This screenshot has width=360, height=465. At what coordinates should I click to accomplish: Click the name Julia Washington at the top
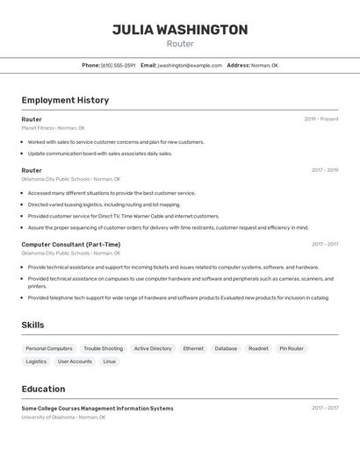tap(180, 30)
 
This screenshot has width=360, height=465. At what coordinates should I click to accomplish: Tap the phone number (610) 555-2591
tap(118, 65)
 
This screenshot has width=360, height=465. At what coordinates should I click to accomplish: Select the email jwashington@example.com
tap(190, 65)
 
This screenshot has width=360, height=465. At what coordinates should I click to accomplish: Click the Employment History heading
tap(65, 100)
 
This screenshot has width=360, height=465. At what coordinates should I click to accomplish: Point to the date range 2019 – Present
tap(320, 119)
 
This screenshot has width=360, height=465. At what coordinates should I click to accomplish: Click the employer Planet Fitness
tap(38, 128)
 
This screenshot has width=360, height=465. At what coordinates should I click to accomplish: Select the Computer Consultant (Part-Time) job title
tap(71, 245)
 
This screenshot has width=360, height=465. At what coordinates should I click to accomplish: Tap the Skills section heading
tap(32, 325)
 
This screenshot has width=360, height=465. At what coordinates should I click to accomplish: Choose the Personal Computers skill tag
tap(49, 348)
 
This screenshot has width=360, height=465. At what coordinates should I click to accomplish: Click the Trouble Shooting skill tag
tap(104, 348)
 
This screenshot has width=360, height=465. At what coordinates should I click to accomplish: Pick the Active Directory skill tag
tap(153, 348)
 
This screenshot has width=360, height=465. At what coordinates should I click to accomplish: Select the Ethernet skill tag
tap(193, 348)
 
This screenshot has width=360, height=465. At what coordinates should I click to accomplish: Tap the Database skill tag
tap(226, 348)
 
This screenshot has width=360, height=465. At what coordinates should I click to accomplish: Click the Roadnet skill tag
tap(258, 348)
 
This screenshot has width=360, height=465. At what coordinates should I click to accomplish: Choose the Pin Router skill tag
tap(292, 348)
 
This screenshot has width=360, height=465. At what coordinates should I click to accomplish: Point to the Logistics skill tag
tap(36, 361)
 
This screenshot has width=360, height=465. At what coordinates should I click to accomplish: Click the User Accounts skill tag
tap(75, 361)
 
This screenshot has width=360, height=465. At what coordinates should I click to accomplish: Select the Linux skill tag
tap(109, 361)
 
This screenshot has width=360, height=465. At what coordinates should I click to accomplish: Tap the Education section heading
tap(43, 389)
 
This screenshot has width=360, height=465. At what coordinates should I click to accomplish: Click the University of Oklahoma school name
tap(48, 418)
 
